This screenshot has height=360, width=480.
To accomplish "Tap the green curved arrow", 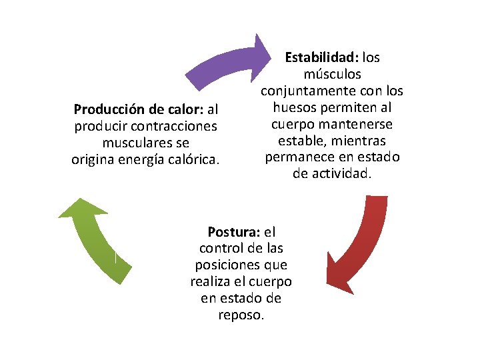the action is [93, 240].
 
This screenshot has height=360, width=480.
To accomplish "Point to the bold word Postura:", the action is [235, 232].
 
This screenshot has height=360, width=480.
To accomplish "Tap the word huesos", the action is [295, 107].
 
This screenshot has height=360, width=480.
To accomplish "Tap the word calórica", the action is [195, 159].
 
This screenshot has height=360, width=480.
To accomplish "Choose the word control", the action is [218, 249].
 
